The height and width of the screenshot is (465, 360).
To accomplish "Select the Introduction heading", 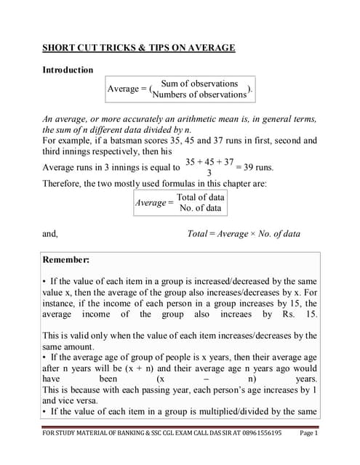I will click(x=68, y=70).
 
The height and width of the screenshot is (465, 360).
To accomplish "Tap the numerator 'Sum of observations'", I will click(x=199, y=84).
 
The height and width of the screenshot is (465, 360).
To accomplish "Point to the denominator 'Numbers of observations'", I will click(x=199, y=94).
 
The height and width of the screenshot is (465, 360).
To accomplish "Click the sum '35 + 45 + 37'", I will click(x=209, y=161).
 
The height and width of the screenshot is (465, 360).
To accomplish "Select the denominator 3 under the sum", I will click(x=209, y=173).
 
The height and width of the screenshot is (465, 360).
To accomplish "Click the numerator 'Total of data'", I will click(x=201, y=197).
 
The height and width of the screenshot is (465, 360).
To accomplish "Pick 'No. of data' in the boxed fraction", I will click(x=201, y=208).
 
